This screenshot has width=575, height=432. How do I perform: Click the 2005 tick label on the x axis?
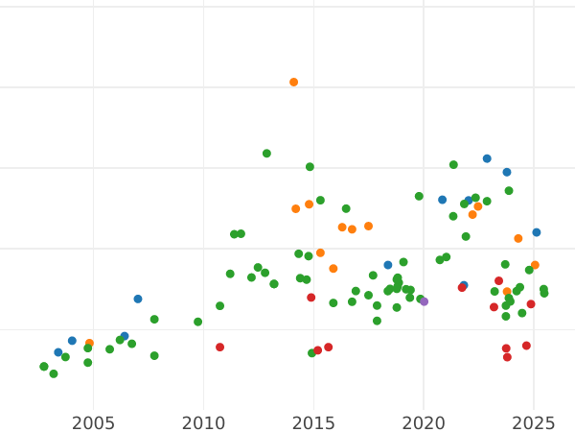point(93,422)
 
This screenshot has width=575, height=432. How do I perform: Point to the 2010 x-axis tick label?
point(203,422)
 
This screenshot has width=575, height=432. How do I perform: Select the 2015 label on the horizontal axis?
point(313,422)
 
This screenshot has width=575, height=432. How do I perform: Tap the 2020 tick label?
point(424,422)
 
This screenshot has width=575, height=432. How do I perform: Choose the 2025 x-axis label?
point(534,422)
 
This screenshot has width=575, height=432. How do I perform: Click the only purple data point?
point(425,301)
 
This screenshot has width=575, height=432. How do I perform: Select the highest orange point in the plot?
point(294,83)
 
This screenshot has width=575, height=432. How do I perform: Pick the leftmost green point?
point(44,367)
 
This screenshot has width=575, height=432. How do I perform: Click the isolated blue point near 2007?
point(138,300)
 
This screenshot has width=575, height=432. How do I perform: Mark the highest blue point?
point(487,159)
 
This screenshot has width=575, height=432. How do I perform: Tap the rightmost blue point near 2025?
point(537,232)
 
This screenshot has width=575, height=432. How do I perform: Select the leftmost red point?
point(220,348)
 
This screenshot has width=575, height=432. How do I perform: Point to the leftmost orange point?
point(89,344)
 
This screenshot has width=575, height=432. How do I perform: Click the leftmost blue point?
point(58,352)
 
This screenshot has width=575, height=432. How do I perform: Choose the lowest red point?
point(507,357)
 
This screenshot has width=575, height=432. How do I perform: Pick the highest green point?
point(266,154)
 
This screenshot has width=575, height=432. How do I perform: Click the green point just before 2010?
point(198,322)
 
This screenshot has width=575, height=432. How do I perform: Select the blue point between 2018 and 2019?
point(388,265)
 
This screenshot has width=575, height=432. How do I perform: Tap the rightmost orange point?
point(535,265)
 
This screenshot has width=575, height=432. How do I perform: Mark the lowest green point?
point(54,374)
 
